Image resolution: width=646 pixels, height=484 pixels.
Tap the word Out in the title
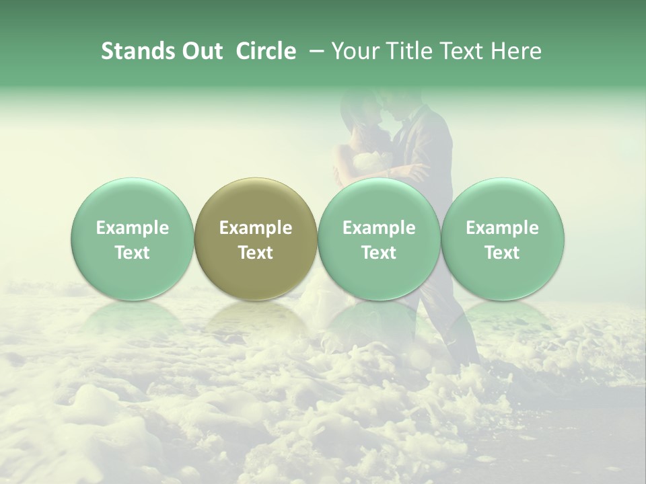pos(200,51)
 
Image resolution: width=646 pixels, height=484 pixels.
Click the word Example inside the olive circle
pos(256,228)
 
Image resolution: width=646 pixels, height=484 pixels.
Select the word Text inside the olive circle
pos(256,253)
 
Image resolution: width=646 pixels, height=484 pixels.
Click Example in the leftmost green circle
pos(133,228)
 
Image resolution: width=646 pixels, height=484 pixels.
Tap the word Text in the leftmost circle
pos(133,253)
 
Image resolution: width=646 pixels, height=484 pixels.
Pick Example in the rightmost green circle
pos(502,228)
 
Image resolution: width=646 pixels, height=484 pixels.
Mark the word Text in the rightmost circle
pos(502,253)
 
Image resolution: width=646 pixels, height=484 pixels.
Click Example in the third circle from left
pos(379,228)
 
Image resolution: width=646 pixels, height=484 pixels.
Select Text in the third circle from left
pos(379,253)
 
